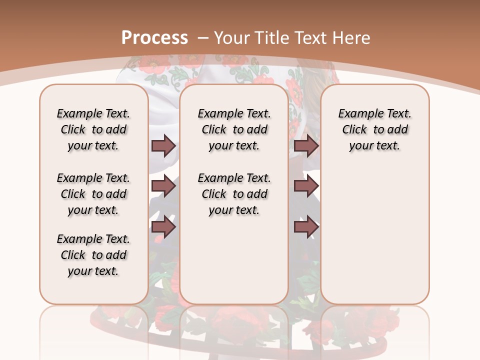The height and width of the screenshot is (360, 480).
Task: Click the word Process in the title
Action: click(x=154, y=37)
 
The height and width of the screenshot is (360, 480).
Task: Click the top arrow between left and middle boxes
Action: click(x=163, y=145)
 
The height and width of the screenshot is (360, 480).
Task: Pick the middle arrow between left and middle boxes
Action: click(x=163, y=186)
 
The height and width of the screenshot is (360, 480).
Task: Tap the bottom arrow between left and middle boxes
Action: click(x=163, y=227)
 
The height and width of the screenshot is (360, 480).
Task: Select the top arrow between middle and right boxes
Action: click(x=306, y=145)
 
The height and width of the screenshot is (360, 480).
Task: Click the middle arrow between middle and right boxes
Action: click(x=306, y=186)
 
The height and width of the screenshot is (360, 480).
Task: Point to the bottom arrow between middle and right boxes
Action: click(x=306, y=227)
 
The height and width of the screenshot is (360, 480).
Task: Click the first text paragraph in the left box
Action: click(x=93, y=129)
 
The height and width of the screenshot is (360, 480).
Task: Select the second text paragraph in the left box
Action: click(x=93, y=194)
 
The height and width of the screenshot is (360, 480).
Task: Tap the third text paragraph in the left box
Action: click(x=93, y=255)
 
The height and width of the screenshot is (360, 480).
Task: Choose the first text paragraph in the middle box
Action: click(x=234, y=129)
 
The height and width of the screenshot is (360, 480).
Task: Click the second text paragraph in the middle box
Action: click(x=234, y=194)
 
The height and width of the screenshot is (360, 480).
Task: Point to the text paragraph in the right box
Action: click(x=375, y=129)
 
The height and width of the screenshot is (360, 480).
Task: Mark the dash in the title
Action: click(x=203, y=37)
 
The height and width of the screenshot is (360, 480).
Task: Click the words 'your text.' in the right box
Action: click(x=375, y=145)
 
